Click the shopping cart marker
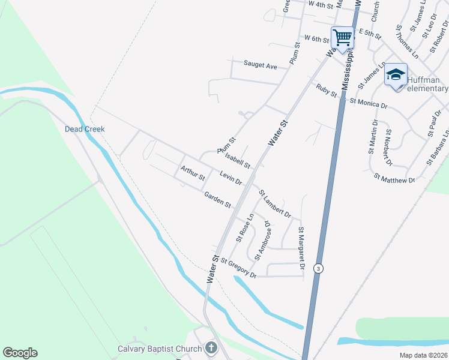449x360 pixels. pyautogui.click(x=343, y=38)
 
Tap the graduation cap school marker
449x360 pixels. pyautogui.click(x=396, y=75)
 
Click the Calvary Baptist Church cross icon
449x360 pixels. pyautogui.click(x=211, y=347)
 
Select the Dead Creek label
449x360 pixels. pyautogui.click(x=85, y=129)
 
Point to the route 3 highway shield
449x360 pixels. pyautogui.click(x=319, y=269)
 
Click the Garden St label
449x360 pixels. pyautogui.click(x=217, y=200)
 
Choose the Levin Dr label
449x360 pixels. pyautogui.click(x=231, y=178)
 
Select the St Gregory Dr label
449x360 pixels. pyautogui.click(x=238, y=268)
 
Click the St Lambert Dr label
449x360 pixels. pyautogui.click(x=275, y=204)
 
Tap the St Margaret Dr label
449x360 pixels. pyautogui.click(x=302, y=248)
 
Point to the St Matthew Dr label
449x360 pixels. pyautogui.click(x=394, y=179)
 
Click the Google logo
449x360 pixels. pyautogui.click(x=20, y=353)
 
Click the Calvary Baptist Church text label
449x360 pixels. pyautogui.click(x=159, y=349)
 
